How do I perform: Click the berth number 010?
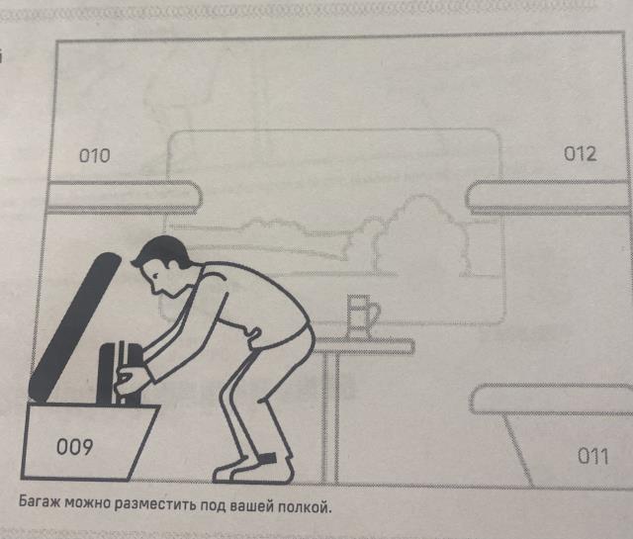coord(95,156)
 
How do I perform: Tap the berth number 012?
coord(581,154)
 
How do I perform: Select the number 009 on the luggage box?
coord(75,447)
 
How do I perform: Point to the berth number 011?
coord(593,456)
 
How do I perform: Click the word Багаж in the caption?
coord(40,501)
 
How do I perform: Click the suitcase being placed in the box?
coord(121,374)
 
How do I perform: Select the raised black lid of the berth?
coord(75,327)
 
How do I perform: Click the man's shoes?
coord(253,469)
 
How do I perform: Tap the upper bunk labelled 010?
coord(123,197)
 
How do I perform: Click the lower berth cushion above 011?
coord(552,400)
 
